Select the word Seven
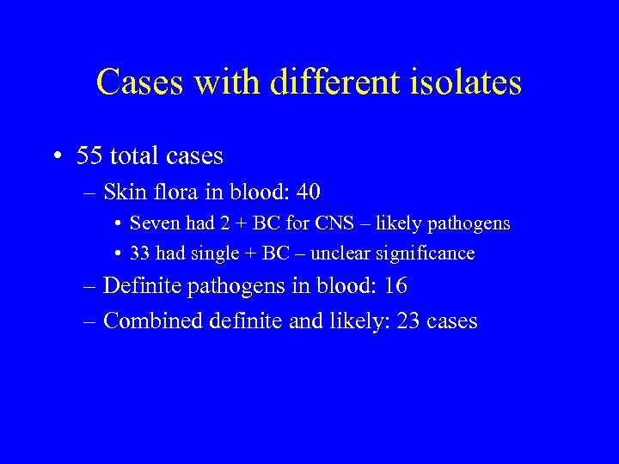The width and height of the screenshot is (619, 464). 151,224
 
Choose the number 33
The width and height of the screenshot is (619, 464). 140,253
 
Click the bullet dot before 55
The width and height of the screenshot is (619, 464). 55,157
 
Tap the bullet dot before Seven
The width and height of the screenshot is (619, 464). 116,225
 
